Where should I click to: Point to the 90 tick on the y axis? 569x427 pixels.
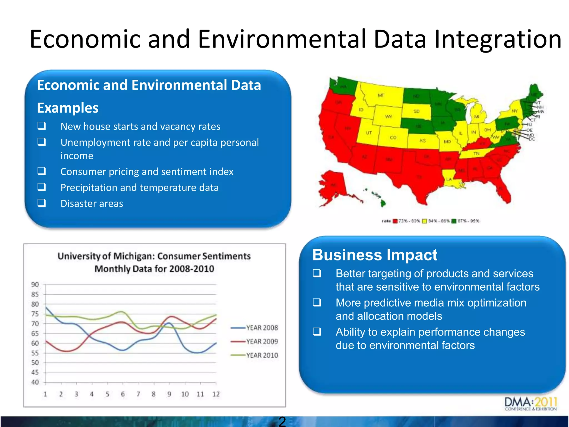point(35,285)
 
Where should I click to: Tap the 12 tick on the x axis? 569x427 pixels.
point(216,394)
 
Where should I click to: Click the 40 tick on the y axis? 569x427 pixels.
point(35,382)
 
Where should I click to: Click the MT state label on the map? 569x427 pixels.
point(381,95)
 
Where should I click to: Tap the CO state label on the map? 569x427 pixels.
point(393,138)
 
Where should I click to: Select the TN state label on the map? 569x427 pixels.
point(476,153)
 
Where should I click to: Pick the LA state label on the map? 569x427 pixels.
point(449,179)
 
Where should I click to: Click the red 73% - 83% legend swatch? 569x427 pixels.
point(395,221)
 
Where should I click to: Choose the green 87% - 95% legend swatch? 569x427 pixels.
point(454,221)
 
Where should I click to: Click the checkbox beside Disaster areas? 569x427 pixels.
point(42,203)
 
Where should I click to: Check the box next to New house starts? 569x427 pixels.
point(42,126)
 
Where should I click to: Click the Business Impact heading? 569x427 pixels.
point(375,255)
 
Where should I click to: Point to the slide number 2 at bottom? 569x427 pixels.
point(282,421)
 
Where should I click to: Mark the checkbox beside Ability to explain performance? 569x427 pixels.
point(317,332)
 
